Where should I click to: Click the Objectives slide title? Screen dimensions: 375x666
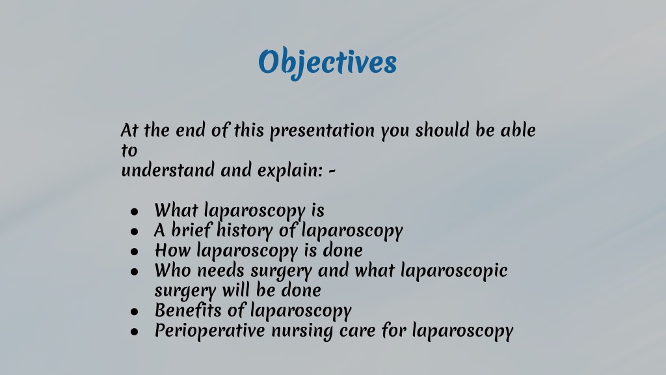point(327,62)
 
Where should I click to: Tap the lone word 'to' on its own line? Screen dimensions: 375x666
point(129,150)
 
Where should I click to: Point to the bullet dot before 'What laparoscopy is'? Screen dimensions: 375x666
point(134,212)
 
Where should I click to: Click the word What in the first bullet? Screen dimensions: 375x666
point(176,210)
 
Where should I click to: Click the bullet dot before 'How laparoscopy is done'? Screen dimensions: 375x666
point(134,251)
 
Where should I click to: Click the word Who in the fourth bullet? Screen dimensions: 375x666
point(172,270)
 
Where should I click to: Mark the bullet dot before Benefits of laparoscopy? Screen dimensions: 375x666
point(134,311)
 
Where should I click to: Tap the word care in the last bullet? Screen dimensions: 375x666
point(357,331)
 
